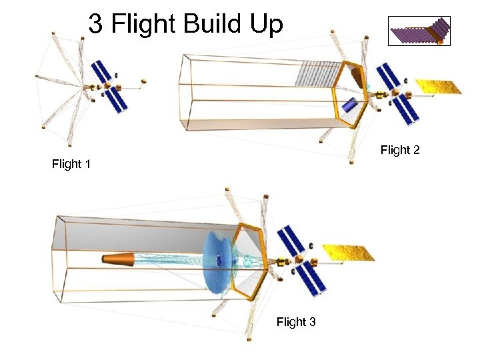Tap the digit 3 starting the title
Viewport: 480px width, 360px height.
point(96,25)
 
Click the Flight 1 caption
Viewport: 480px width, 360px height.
point(71,164)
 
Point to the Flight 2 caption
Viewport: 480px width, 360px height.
point(400,151)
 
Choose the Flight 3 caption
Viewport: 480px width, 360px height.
point(296,323)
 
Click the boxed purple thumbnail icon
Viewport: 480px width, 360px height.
point(419,31)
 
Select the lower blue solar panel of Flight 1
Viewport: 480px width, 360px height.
point(116,101)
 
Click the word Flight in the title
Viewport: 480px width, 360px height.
point(139,25)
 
